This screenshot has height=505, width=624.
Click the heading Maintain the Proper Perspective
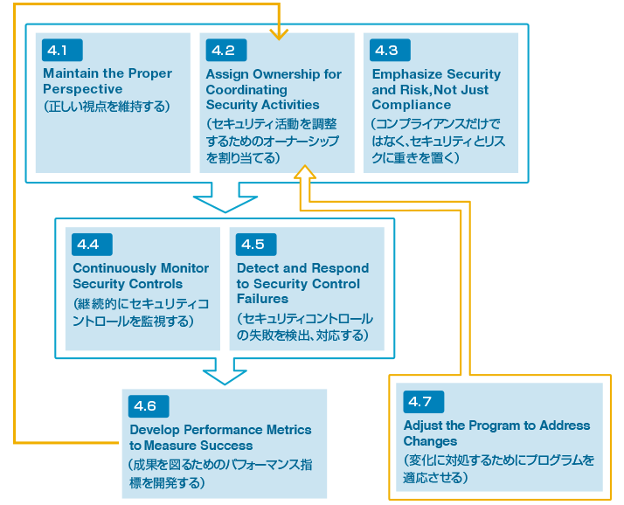coord(107,81)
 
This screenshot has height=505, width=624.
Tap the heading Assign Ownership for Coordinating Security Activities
coord(274,89)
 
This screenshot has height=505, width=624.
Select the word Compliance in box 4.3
coord(411,105)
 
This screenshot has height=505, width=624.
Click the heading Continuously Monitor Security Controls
coord(140,276)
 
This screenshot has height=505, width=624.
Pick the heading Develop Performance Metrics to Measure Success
coord(219,437)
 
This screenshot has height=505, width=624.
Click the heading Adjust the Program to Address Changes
coord(496,433)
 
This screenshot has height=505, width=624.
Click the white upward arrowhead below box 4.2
coord(305,173)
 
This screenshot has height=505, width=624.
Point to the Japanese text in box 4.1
coord(106,106)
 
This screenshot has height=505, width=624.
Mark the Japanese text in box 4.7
coord(497,468)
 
